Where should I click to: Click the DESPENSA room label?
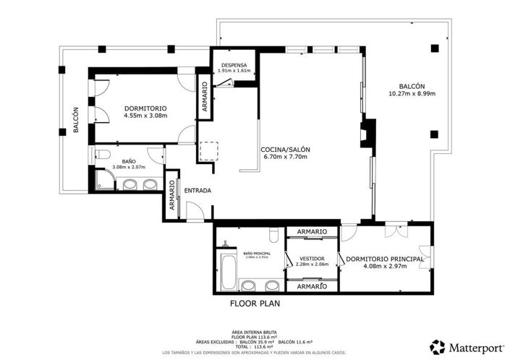click(x=235, y=65)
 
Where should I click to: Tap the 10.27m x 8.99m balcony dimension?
click(x=406, y=93)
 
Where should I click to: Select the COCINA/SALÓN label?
click(x=284, y=150)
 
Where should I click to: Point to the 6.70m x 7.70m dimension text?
click(x=284, y=157)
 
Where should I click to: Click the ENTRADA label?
click(x=197, y=191)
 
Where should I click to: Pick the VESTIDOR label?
click(x=312, y=258)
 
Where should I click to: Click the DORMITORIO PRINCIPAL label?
click(x=384, y=259)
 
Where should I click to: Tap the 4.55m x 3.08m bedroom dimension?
click(x=145, y=115)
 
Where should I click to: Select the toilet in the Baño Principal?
click(x=273, y=235)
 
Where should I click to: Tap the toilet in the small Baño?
click(x=102, y=154)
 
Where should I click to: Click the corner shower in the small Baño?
click(x=104, y=180)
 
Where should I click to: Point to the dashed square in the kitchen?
click(x=208, y=151)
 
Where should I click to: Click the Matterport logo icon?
click(x=437, y=347)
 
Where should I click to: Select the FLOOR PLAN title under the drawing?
click(x=255, y=304)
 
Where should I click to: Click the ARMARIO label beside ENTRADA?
click(x=172, y=194)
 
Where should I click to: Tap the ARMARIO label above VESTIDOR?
click(x=312, y=232)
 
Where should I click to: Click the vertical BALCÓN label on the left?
click(x=75, y=121)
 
